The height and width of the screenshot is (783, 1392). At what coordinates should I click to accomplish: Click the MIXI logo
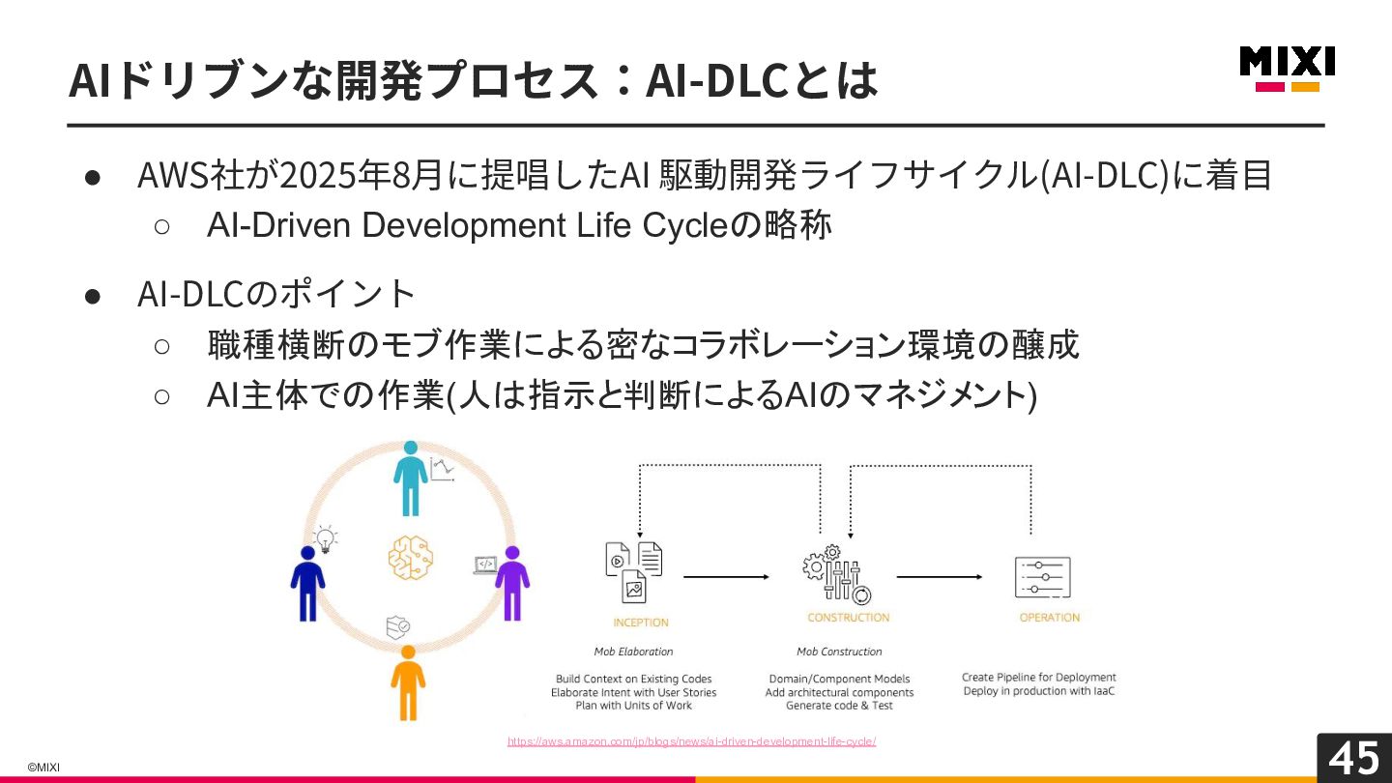pos(1287,68)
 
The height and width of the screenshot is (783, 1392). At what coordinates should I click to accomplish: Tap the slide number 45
pos(1354,758)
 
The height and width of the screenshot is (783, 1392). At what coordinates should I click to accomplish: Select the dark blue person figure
pos(308,583)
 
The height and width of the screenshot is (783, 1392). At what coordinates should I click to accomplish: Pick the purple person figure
pos(512,583)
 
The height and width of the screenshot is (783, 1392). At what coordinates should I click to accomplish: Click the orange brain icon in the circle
pos(411,558)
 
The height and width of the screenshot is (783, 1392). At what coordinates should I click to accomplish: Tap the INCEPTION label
pos(641,623)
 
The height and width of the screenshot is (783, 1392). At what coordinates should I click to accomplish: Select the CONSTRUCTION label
pos(849,618)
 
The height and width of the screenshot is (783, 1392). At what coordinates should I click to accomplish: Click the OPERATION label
pos(1050,618)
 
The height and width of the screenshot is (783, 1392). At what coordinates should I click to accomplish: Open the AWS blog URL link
pos(692,741)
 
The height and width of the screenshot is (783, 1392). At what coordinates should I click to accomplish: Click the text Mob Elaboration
pos(633,652)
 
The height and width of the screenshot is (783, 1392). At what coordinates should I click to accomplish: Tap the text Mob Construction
pos(839,652)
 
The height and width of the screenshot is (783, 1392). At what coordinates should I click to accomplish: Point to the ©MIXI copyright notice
pos(43,767)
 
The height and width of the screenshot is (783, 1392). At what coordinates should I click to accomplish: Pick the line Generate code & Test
pos(839,706)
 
